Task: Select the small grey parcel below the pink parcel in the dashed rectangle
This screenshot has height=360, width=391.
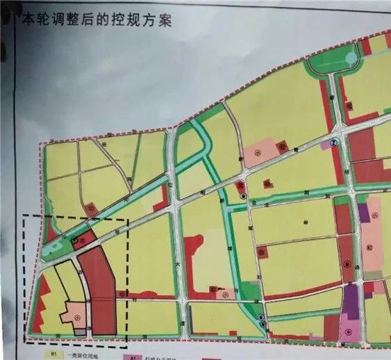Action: click(72, 327)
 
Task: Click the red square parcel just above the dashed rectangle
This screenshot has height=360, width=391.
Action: click(90, 208)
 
